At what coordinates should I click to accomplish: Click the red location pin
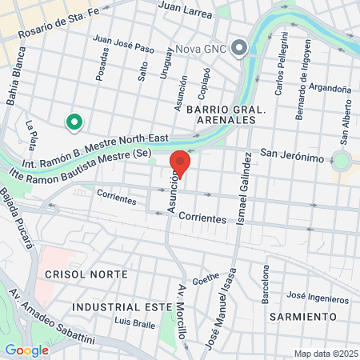[180, 163]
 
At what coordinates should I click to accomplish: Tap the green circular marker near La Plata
[74, 122]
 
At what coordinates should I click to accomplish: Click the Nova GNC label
[201, 48]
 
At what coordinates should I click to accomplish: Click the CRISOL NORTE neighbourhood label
[86, 274]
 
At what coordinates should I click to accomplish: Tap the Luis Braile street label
[133, 322]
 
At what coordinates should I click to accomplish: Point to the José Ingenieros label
[318, 298]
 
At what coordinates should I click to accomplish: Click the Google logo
[26, 350]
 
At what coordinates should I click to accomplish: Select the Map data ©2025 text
[324, 354]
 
